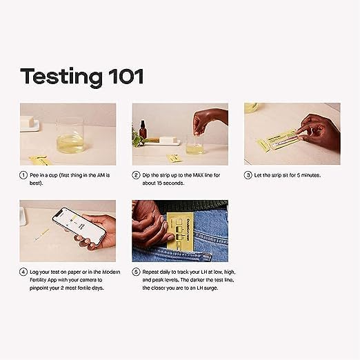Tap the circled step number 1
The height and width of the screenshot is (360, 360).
pos(23,175)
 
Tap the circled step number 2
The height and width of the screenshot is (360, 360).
pos(136,175)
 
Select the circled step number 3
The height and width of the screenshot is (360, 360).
pos(248,175)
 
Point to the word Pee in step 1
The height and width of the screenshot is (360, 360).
pos(34,175)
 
